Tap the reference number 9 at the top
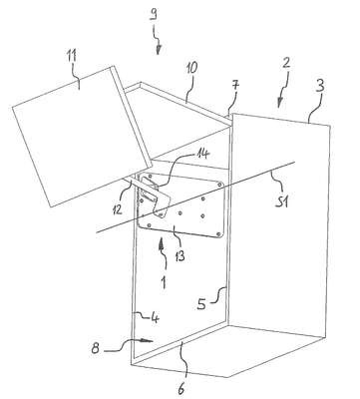pos(153,15)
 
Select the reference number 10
pos(191,68)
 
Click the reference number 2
pos(286,63)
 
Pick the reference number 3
pos(319,86)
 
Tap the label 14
pos(202,155)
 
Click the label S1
pos(281,201)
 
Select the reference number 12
pos(118,208)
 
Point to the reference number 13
pos(179,256)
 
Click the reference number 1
pos(163,283)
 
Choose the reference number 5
pos(201,304)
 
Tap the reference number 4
pos(155,318)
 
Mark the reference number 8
pos(96,348)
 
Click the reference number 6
pos(181,388)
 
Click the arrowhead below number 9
pos(159,50)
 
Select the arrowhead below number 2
pos(279,103)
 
